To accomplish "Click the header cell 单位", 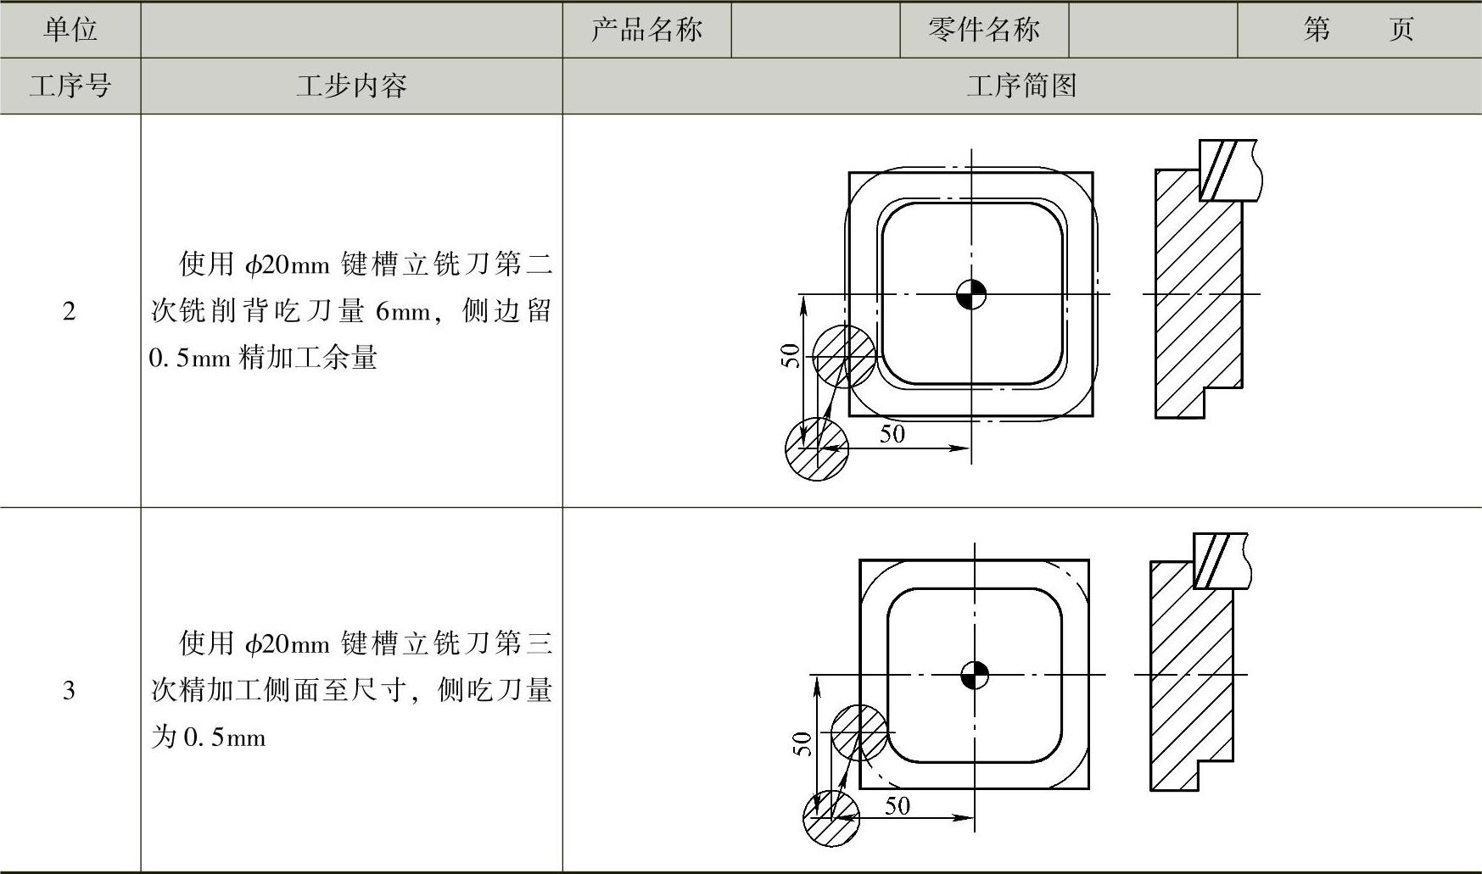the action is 70,30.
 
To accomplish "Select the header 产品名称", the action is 646,30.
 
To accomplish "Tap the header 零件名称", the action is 983,30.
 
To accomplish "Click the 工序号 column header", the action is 70,86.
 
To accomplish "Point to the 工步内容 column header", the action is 351,86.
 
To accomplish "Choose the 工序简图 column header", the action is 1021,86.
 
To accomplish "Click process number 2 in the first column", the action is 70,311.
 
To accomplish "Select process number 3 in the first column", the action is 70,690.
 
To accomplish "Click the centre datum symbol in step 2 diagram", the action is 971,294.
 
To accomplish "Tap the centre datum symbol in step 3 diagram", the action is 975,675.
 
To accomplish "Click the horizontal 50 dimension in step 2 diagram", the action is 892,434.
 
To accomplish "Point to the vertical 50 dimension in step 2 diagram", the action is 791,355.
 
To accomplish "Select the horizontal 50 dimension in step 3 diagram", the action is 898,804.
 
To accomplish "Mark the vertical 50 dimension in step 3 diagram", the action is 803,743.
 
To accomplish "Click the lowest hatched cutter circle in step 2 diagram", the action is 816,449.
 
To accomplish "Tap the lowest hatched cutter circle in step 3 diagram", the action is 831,818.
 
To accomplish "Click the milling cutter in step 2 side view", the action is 1227,170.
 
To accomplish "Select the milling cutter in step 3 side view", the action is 1220,560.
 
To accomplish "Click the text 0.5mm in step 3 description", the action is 224,738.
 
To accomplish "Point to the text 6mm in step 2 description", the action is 403,312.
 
